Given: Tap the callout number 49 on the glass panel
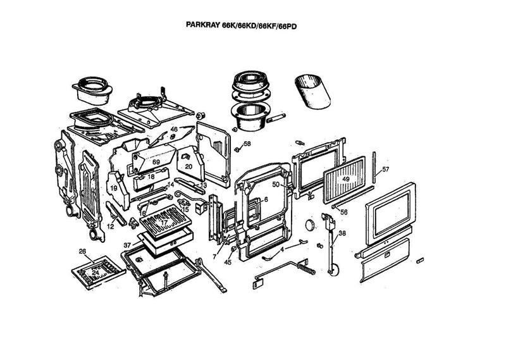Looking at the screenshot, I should pos(346,179).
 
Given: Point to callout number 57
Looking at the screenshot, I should pos(385,169).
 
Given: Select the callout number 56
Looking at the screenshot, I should pos(344,212).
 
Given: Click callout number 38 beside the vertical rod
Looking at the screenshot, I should pos(342,233).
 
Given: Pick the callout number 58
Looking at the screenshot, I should pos(247,144).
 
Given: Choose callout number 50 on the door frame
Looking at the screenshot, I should pos(276,184).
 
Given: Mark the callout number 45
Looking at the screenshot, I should pos(227,263).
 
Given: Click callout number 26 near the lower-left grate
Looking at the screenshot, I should pos(82,251).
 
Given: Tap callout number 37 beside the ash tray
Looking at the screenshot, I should pos(127,245).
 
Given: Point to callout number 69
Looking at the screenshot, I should pos(155,163).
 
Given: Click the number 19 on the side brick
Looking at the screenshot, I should pos(114,188).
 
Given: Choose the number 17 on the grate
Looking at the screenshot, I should pos(163,223).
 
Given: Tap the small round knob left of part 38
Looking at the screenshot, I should pos(310,225).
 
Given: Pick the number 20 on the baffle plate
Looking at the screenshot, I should pos(188,166).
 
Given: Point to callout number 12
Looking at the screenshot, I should pos(110,226).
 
